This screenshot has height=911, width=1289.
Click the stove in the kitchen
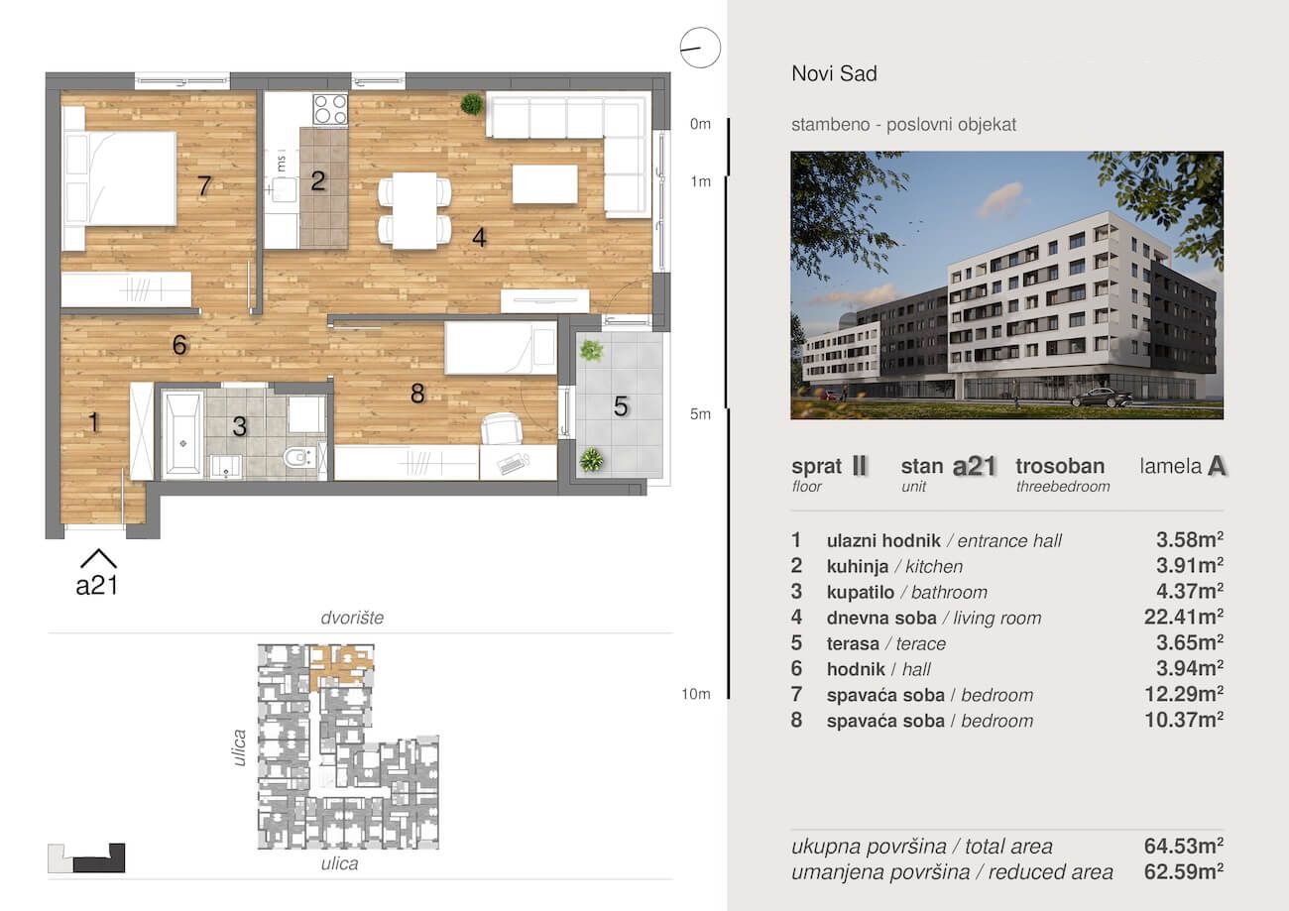point(330,109)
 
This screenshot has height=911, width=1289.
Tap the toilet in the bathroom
point(299,458)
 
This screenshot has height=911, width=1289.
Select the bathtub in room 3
point(182,435)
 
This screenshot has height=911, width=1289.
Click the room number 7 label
point(204,185)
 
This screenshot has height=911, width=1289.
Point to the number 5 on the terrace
point(621,406)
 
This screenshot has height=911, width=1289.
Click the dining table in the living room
point(414,210)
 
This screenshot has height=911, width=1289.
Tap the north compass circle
point(700,48)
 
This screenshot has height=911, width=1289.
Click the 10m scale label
point(696,694)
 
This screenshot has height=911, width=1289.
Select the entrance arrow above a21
point(98,558)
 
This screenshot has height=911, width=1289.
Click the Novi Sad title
point(835,73)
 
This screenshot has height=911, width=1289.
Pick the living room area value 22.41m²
point(1184,618)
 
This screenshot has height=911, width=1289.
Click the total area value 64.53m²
point(1184,846)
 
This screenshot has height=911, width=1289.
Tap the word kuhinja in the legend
point(858,566)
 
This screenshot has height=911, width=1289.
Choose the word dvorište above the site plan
point(352,618)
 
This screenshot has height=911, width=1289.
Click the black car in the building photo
point(1101,398)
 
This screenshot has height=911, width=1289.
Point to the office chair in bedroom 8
point(501,428)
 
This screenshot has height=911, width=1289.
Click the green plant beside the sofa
point(472,104)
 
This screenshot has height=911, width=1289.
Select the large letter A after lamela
point(1217,467)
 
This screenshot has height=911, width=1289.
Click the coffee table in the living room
point(545,184)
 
